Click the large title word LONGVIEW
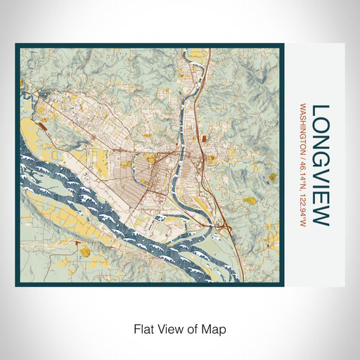(320, 165)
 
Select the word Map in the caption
(217, 328)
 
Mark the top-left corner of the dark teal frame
(17, 46)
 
